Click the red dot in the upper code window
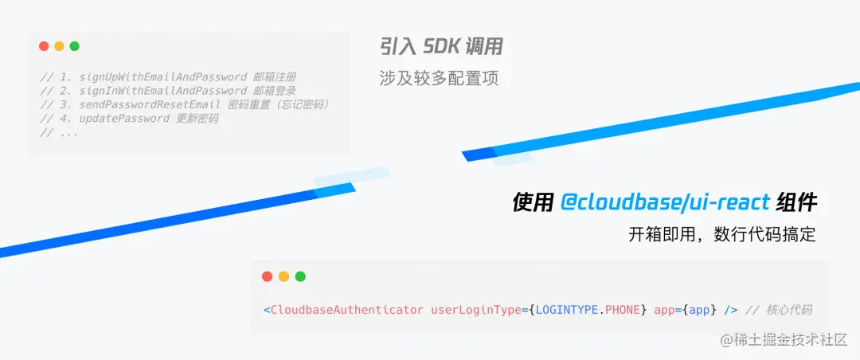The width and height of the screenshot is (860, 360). (x=44, y=46)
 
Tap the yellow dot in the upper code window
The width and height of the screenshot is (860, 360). (x=59, y=46)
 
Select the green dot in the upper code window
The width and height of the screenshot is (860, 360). (x=75, y=46)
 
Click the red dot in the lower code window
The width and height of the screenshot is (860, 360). (x=268, y=276)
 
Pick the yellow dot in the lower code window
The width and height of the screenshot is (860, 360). (x=283, y=276)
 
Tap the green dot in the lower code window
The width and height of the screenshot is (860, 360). (x=300, y=276)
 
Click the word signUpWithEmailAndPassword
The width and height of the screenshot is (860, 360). (x=162, y=77)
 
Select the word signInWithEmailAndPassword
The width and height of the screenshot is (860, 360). (x=162, y=91)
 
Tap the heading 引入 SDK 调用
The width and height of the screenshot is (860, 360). (x=441, y=47)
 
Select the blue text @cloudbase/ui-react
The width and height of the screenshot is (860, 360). (x=665, y=203)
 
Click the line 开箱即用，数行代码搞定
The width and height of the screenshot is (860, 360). (x=722, y=234)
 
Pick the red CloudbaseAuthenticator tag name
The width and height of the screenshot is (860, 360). (x=346, y=309)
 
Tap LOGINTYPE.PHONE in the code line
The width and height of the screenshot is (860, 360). (x=588, y=309)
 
